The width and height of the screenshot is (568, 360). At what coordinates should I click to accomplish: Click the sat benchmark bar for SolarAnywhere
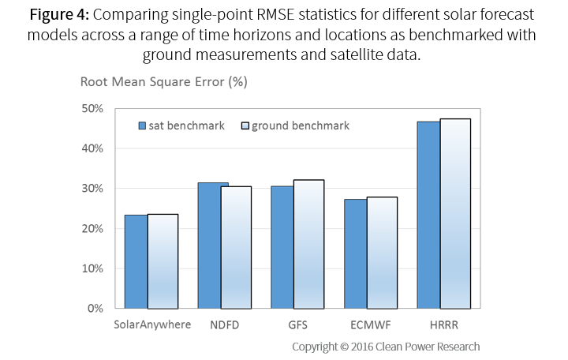(136, 261)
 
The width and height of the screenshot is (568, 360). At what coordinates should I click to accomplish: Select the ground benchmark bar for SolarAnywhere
(163, 261)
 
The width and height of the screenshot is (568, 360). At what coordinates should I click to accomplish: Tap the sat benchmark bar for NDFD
(213, 246)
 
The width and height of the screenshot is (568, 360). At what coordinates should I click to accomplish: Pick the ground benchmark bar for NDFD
(236, 247)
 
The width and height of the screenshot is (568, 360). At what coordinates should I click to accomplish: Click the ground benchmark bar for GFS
(308, 244)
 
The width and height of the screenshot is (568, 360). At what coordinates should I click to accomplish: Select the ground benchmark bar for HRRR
(455, 213)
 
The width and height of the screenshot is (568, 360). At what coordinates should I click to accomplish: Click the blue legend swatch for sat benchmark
(142, 126)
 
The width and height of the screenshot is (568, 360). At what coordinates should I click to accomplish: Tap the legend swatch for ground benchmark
(245, 126)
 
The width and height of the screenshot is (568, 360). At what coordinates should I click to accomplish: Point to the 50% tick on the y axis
(93, 108)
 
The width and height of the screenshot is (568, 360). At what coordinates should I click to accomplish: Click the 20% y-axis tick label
(93, 228)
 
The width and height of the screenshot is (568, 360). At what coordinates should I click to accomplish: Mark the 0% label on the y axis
(96, 308)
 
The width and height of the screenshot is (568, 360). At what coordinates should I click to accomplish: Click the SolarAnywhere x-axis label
(152, 324)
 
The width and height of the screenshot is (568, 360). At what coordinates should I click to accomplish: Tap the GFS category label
(297, 324)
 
